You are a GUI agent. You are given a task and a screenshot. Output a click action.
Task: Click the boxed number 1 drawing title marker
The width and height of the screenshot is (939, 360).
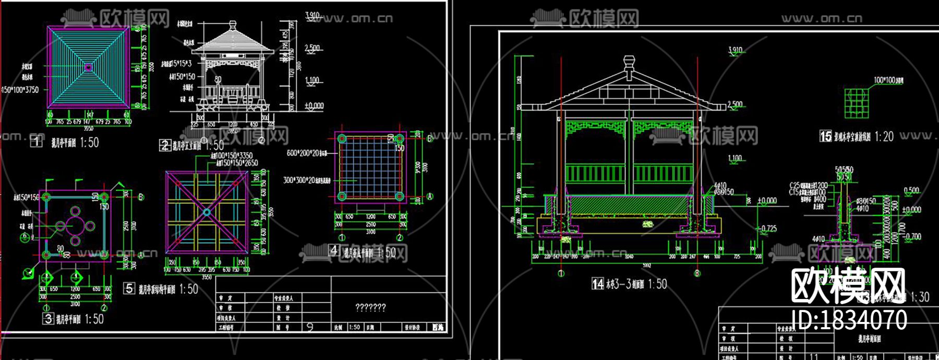coord(36,141)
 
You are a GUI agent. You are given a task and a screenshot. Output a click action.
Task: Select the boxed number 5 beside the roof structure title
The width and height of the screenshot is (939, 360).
coord(129,289)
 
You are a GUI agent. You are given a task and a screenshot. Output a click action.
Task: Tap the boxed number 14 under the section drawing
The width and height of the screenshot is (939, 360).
coord(598,284)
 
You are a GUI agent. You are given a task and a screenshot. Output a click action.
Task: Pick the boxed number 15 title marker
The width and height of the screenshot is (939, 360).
coord(826,136)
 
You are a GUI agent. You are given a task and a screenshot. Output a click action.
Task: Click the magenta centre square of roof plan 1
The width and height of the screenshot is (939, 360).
coord(88,67)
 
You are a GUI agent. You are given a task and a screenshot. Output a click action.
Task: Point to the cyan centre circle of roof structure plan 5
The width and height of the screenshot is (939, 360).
coord(207,212)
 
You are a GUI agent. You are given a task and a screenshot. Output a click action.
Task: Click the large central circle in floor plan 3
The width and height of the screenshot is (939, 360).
coord(75,226)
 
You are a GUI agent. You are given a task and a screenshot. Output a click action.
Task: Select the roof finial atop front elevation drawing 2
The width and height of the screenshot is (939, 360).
coord(233,26)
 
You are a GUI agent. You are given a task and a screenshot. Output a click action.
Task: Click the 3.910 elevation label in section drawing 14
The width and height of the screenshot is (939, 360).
coord(735,50)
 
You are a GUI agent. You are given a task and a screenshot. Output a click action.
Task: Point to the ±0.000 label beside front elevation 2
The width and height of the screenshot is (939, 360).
coord(314,106)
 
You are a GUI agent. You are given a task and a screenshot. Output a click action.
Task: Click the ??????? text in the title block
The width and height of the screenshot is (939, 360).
coord(370,307)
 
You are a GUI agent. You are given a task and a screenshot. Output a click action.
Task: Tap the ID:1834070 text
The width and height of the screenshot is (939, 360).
coord(849,320)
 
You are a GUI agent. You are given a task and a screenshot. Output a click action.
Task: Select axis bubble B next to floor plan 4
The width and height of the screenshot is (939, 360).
coord(430,139)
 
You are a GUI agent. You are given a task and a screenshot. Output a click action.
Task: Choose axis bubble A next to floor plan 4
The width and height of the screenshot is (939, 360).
coord(430,197)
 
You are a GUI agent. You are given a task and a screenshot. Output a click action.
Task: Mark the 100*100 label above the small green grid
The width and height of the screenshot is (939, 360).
coord(888,80)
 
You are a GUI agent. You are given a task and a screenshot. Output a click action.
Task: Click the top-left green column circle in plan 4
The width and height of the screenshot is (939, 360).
coord(342,139)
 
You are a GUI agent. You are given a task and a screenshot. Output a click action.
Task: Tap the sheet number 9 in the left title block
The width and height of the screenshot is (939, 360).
coord(310,327)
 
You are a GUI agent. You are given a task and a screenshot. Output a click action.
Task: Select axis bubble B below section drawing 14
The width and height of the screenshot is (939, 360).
coord(697,273)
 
